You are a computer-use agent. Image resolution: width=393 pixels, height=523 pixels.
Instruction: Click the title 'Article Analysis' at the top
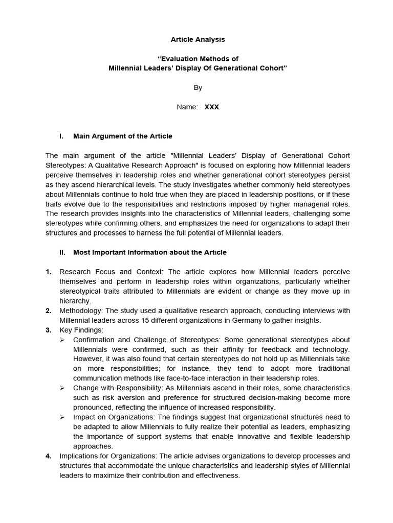coord(197,39)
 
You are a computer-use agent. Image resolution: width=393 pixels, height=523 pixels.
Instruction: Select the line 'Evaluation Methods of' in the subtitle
coord(198,59)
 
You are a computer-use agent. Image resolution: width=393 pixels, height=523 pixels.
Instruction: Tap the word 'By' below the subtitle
coord(198,88)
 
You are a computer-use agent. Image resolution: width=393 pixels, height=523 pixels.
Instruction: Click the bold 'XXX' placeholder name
coord(212,107)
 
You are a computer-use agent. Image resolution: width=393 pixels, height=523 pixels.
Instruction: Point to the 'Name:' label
coord(187,107)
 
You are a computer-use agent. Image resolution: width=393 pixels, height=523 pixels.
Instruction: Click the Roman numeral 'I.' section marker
coord(61,136)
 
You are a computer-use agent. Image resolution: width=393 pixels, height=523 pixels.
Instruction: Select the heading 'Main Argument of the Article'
coord(123,136)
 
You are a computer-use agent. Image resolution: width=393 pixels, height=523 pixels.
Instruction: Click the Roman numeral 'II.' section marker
coord(62,252)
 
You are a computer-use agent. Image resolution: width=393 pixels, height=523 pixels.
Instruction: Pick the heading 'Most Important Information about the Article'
coord(150,252)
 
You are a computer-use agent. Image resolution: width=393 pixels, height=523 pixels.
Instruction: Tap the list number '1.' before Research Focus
coord(49,272)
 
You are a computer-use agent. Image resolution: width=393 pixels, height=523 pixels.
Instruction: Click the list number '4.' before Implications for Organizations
coord(49,456)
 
